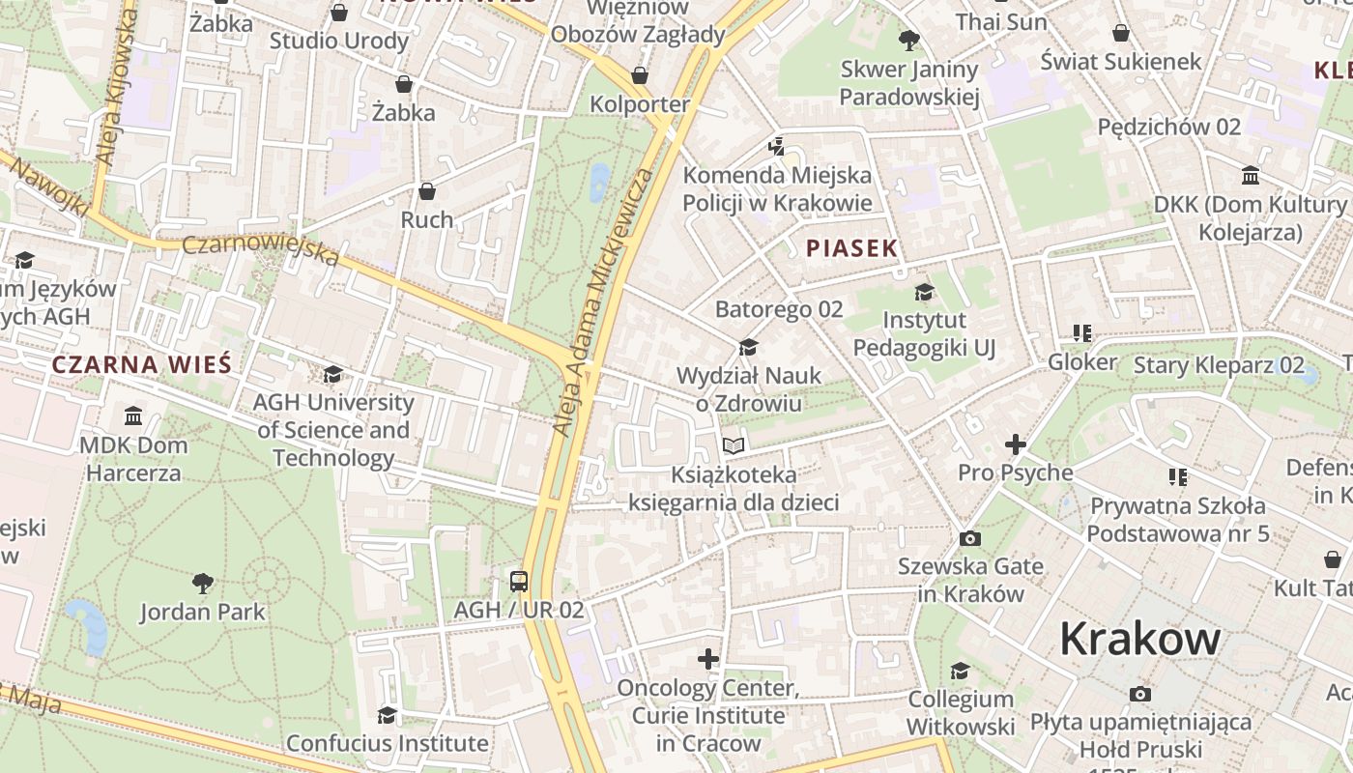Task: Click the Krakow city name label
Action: tap(1140, 639)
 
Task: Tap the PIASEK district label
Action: tap(852, 248)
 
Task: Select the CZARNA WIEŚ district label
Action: tap(142, 364)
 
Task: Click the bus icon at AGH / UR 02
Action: tap(519, 581)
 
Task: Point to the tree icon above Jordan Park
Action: tap(202, 583)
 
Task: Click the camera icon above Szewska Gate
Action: tap(970, 538)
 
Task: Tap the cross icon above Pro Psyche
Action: tap(1015, 444)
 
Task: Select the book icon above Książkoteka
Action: tap(734, 445)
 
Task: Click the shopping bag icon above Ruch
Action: tap(427, 191)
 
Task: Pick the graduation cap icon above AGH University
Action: tap(333, 374)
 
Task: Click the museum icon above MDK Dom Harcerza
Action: tap(133, 416)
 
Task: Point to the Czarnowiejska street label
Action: tap(261, 249)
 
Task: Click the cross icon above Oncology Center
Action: tap(708, 659)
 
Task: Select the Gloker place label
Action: tap(1082, 362)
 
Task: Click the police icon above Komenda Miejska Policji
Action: tap(776, 146)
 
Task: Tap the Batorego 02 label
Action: tap(779, 309)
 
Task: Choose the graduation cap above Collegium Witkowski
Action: tap(960, 671)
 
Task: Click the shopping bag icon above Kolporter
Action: tap(639, 75)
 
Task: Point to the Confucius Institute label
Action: tap(387, 743)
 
